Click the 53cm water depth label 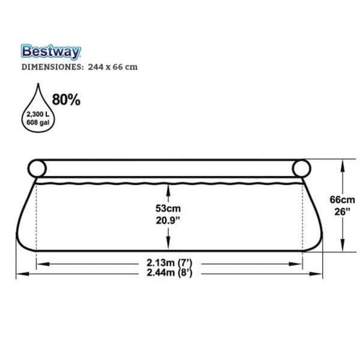168,208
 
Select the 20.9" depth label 168,220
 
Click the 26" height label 343,211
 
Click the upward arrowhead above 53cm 168,188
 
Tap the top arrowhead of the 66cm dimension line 343,163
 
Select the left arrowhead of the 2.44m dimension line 20,273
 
